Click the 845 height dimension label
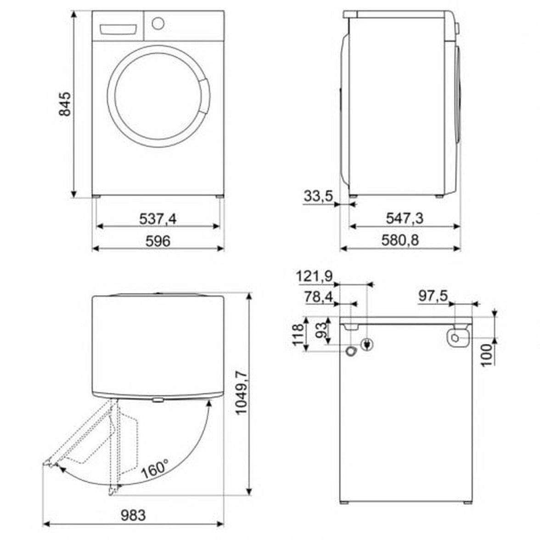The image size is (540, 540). click(65, 104)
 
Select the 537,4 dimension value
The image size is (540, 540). click(158, 219)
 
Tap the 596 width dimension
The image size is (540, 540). click(158, 241)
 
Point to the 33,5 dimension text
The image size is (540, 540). click(318, 196)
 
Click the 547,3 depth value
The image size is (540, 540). click(405, 219)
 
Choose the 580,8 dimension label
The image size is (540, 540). click(400, 241)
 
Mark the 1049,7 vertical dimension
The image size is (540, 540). click(242, 393)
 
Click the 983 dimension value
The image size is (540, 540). click(133, 515)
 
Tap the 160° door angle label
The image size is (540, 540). click(155, 468)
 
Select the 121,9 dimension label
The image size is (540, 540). click(315, 276)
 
